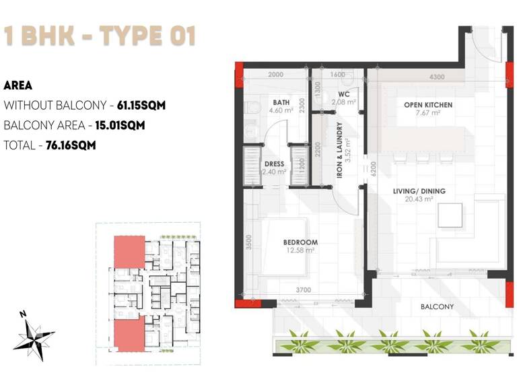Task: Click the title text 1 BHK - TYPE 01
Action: point(100,36)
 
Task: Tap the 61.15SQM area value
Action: point(141,106)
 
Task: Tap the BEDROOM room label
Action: point(300,242)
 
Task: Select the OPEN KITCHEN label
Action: point(427,105)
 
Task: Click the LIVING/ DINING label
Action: point(419,191)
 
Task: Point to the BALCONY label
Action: point(437,307)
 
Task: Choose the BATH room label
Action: point(281,102)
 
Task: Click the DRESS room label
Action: point(275,164)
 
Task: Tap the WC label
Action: point(343,94)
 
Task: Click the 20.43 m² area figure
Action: point(419,200)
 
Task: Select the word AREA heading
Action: point(18,86)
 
